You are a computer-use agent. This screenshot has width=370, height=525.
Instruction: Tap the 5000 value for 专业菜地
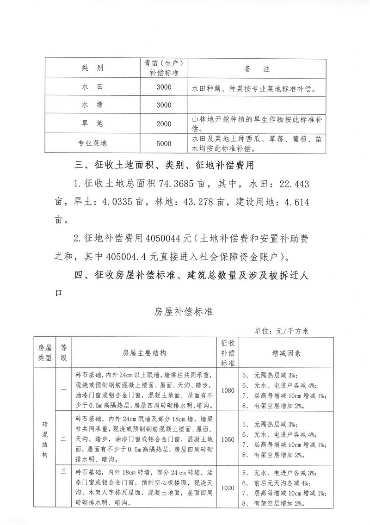pos(164,143)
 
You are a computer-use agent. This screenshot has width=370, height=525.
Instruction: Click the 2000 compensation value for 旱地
pos(164,124)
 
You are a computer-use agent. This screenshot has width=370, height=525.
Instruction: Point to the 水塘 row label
pos(92,105)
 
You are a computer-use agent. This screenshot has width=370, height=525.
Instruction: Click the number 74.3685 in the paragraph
pos(176,185)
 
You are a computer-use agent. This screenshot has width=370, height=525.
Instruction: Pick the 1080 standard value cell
pos(228,390)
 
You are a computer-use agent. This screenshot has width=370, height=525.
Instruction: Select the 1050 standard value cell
pos(228,439)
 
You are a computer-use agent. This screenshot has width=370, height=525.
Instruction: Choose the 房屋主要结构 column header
pos(144,353)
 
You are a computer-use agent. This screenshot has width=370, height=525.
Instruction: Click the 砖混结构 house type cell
pos(45,439)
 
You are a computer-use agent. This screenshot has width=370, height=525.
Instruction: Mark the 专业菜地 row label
pos(92,143)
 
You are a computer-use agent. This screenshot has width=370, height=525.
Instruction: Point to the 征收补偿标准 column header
pos(228,352)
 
